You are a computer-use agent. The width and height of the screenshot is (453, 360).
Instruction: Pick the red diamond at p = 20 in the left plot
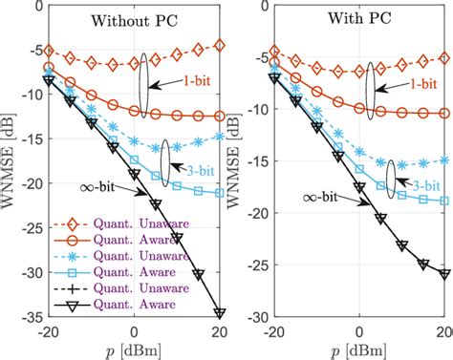pyautogui.click(x=221, y=45)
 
